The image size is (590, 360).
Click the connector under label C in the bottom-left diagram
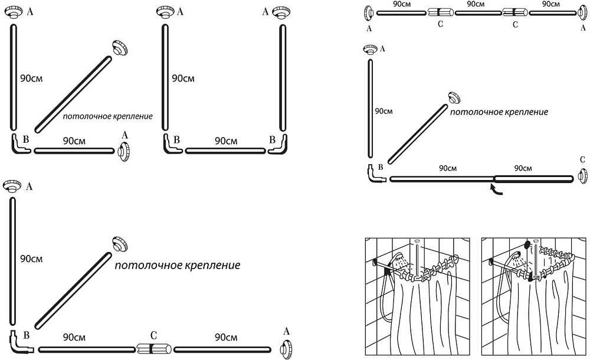tap(153, 349)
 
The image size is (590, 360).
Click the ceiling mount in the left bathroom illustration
tap(418, 241)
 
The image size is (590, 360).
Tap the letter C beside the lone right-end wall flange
tap(582, 160)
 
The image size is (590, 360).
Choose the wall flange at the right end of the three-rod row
tap(582, 12)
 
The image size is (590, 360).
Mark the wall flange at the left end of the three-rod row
tap(369, 12)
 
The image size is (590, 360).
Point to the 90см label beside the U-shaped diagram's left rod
tap(183, 77)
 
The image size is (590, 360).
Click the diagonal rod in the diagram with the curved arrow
tap(417, 133)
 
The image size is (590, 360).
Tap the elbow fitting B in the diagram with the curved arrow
tap(373, 175)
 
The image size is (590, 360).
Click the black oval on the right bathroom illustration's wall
tap(526, 244)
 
